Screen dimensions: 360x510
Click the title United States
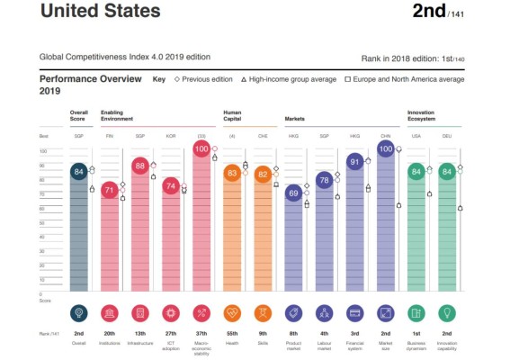pyautogui.click(x=101, y=13)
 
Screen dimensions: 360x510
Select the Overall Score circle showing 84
pyautogui.click(x=79, y=172)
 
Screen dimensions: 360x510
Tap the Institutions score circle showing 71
pyautogui.click(x=110, y=190)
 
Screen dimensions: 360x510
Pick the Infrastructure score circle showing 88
pyautogui.click(x=140, y=166)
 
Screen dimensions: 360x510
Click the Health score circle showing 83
pyautogui.click(x=232, y=173)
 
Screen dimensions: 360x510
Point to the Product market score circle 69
pyautogui.click(x=293, y=193)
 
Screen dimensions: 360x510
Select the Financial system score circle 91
pyautogui.click(x=354, y=162)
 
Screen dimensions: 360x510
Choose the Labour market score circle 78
pyautogui.click(x=324, y=180)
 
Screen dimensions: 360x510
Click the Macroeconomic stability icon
pyautogui.click(x=201, y=312)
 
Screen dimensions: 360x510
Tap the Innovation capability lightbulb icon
pyautogui.click(x=446, y=312)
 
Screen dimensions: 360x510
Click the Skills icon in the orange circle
pyautogui.click(x=263, y=312)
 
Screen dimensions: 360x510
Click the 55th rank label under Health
pyautogui.click(x=232, y=333)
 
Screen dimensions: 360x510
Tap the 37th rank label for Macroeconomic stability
pyautogui.click(x=201, y=333)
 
